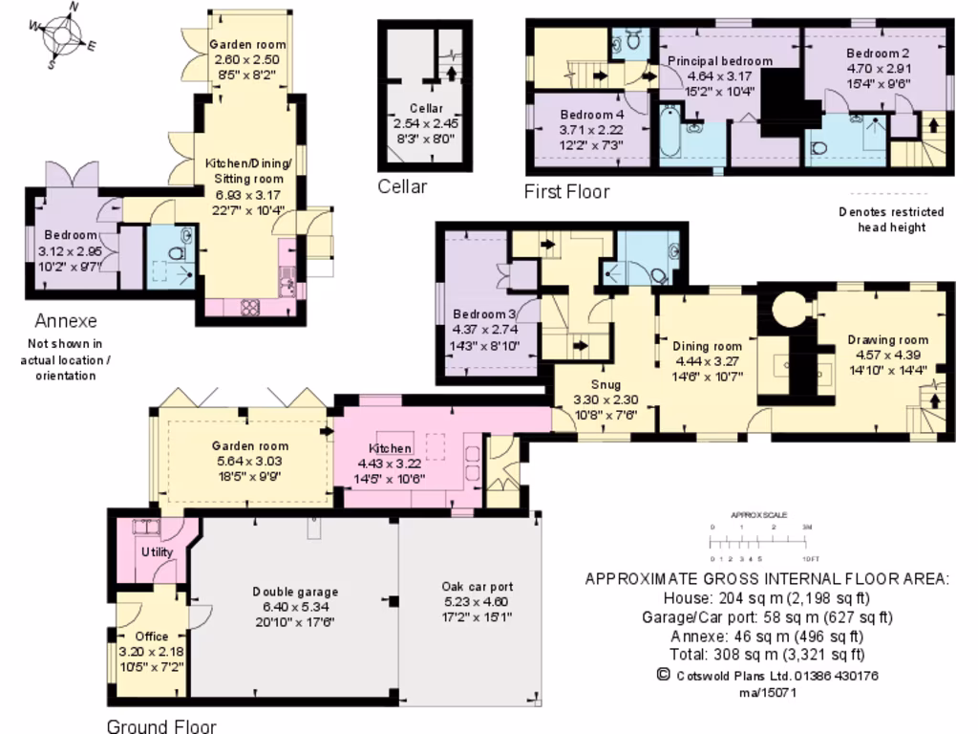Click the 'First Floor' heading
[566, 192]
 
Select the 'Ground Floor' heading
[160, 725]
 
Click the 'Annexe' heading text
[66, 320]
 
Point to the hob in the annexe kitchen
[250, 307]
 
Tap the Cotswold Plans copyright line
[767, 675]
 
